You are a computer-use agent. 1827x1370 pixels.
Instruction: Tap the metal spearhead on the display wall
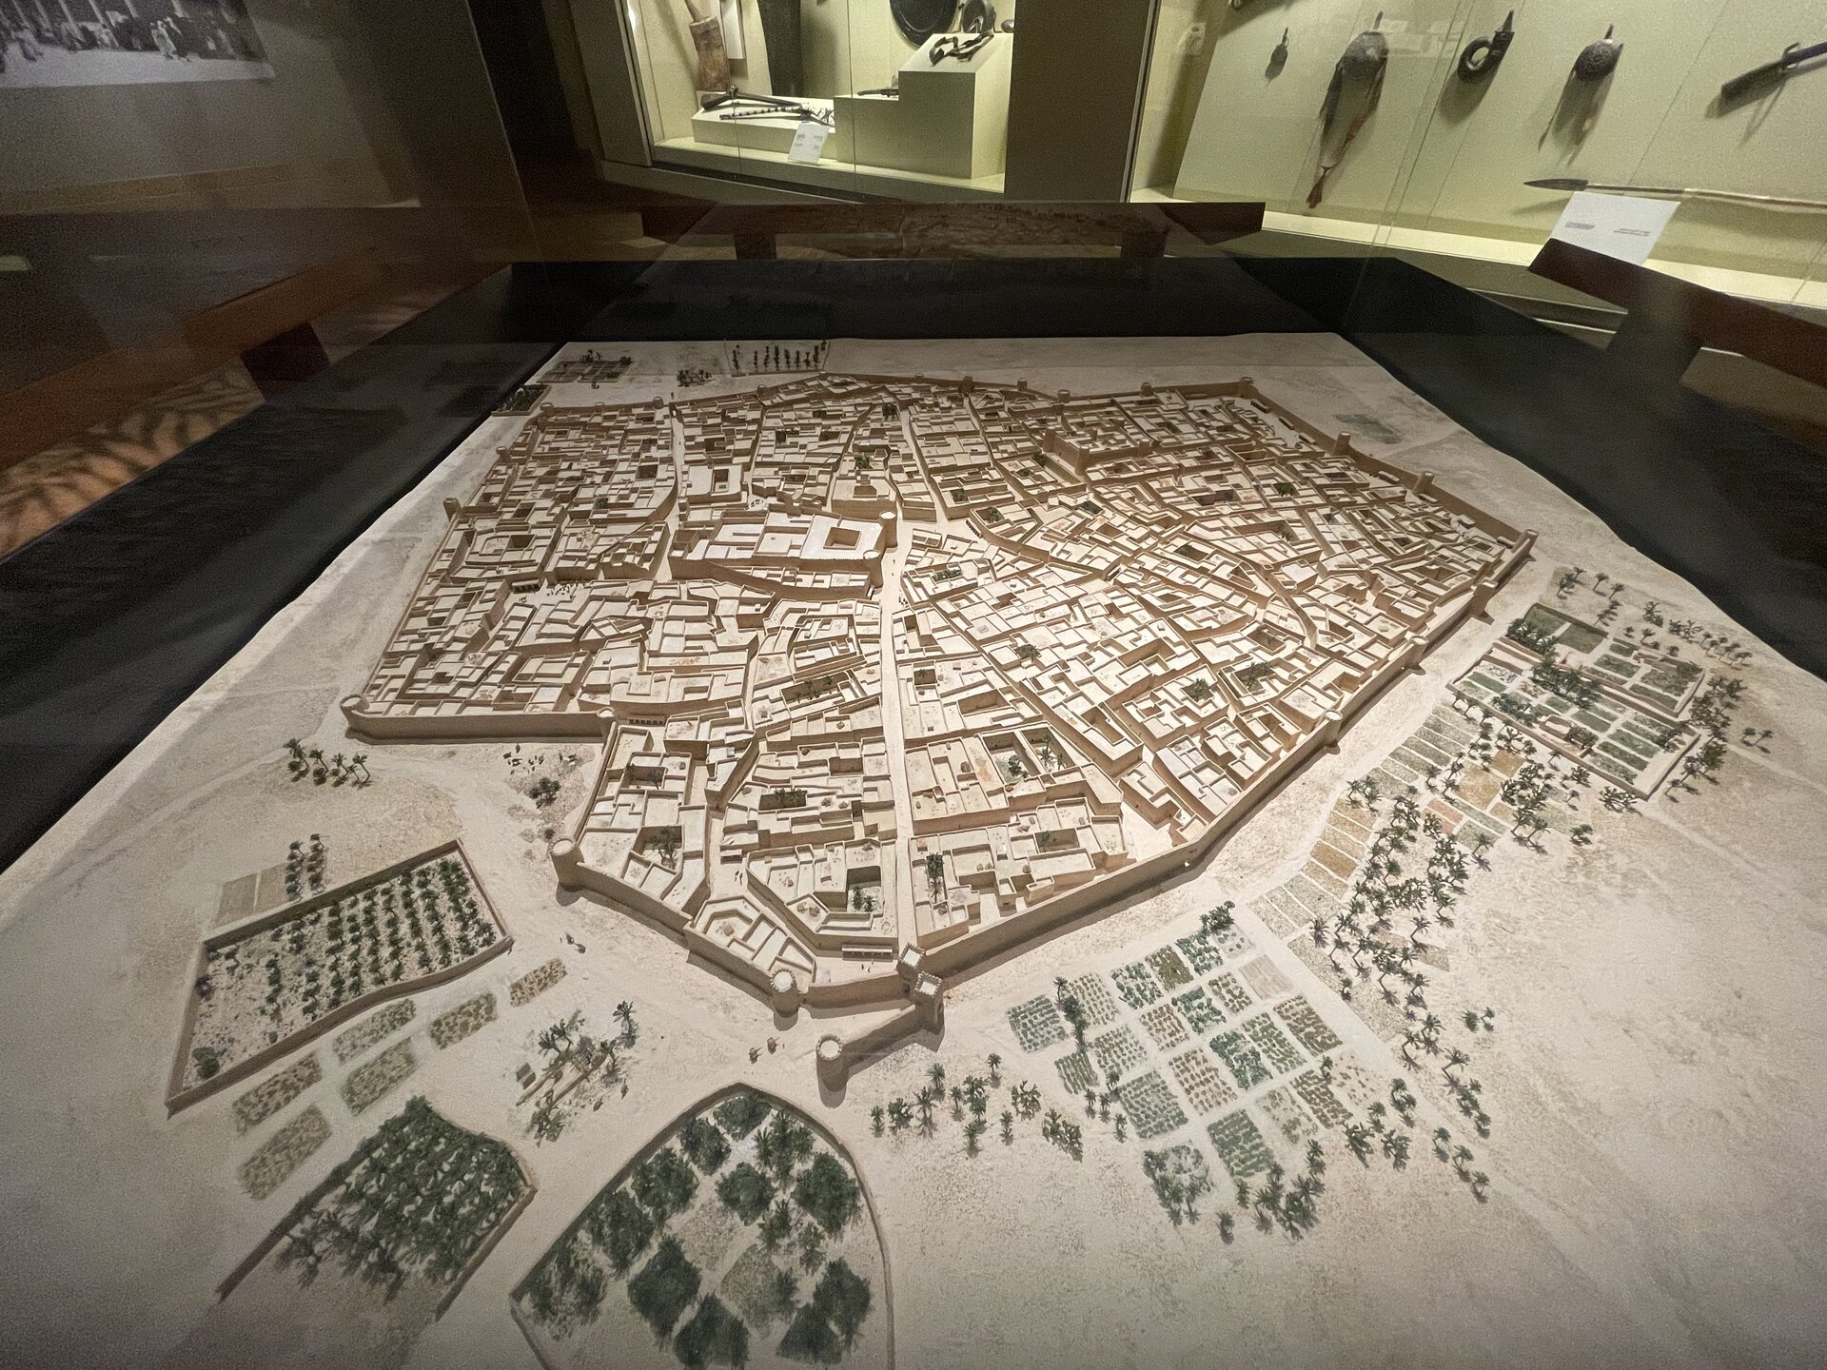coord(1561,183)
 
